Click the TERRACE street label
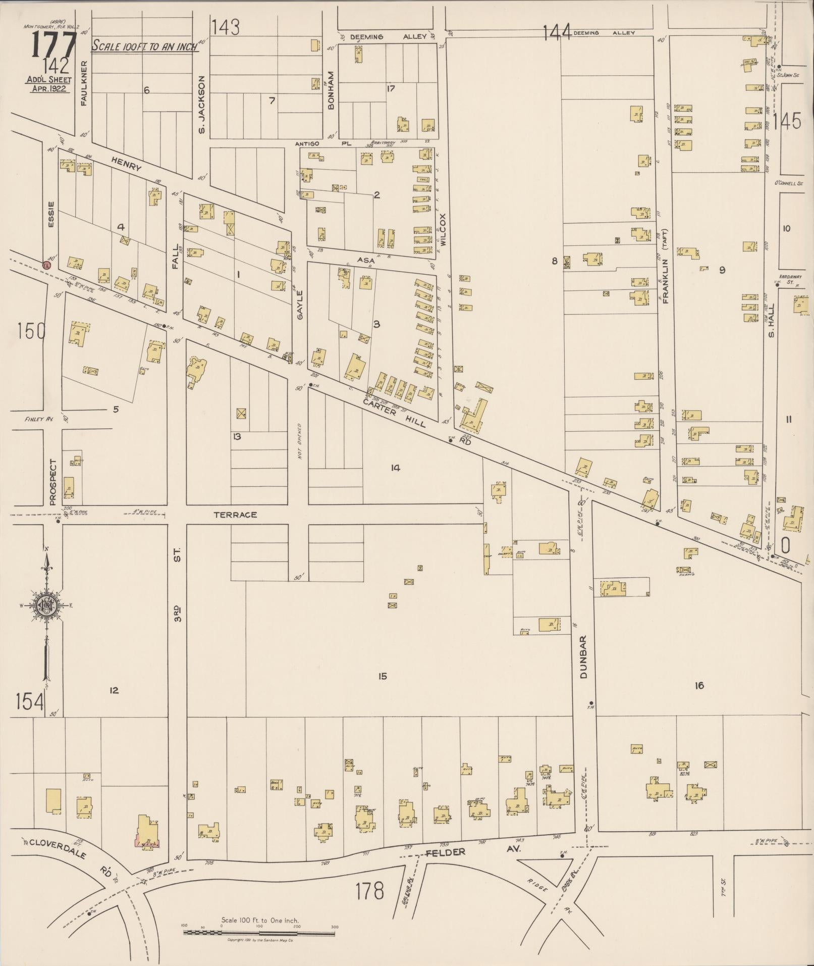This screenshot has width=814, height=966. [x=235, y=515]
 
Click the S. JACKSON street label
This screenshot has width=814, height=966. [x=201, y=105]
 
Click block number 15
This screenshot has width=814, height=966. [x=382, y=676]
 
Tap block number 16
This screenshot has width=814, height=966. [x=698, y=685]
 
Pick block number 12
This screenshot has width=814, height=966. [x=114, y=690]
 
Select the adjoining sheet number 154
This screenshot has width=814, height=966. [x=30, y=702]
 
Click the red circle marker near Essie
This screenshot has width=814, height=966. [x=46, y=264]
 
